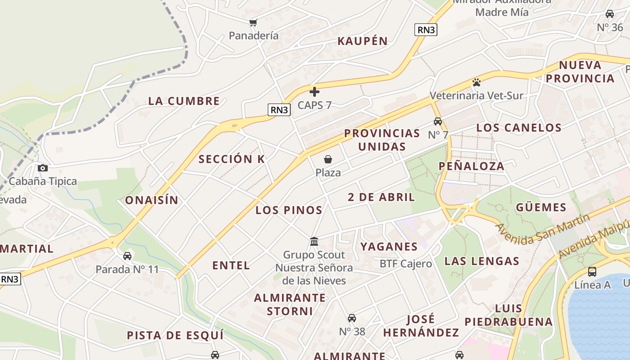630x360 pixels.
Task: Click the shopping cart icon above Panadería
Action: pyautogui.click(x=253, y=22)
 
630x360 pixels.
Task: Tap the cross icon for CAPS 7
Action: pyautogui.click(x=315, y=92)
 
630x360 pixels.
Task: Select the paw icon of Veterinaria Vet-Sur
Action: pyautogui.click(x=477, y=82)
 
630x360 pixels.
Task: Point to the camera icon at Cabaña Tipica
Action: pyautogui.click(x=43, y=168)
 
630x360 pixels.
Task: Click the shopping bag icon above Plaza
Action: pyautogui.click(x=328, y=159)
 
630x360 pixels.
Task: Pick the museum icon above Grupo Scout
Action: pyautogui.click(x=314, y=242)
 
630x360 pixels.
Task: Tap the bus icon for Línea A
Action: pyautogui.click(x=592, y=272)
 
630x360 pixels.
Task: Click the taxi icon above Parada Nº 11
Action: pyautogui.click(x=127, y=256)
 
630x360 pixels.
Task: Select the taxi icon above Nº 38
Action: pyautogui.click(x=352, y=318)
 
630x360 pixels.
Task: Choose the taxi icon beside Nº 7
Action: pyautogui.click(x=437, y=121)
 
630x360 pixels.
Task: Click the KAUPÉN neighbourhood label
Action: pyautogui.click(x=363, y=41)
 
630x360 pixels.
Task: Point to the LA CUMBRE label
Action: pyautogui.click(x=184, y=101)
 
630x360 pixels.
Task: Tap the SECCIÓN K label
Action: pyautogui.click(x=232, y=159)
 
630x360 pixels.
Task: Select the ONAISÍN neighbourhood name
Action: pyautogui.click(x=152, y=200)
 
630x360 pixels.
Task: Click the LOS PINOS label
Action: pyautogui.click(x=289, y=210)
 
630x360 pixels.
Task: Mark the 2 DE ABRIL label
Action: pyautogui.click(x=382, y=197)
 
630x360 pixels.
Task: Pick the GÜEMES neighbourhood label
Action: pyautogui.click(x=541, y=207)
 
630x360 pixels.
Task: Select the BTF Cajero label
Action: pyautogui.click(x=405, y=264)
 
